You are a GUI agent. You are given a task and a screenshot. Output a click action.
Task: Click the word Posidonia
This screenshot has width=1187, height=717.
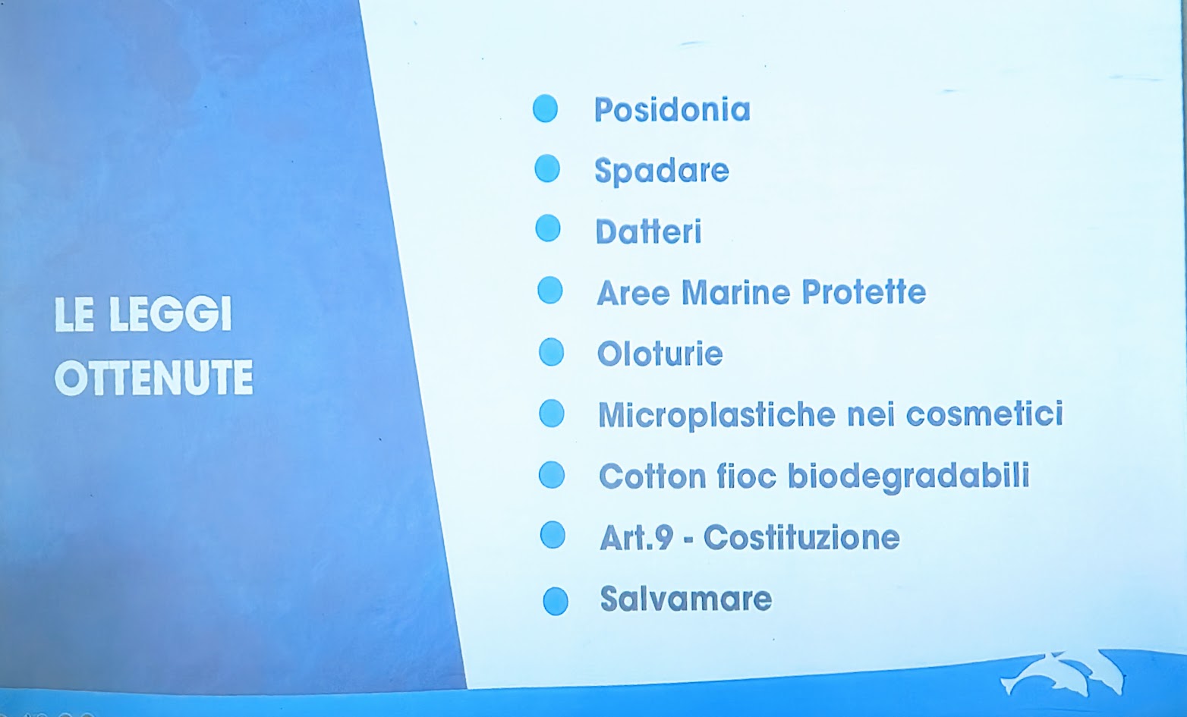[672, 110]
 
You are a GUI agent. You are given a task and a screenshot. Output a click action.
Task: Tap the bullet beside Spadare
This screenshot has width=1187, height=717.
[547, 168]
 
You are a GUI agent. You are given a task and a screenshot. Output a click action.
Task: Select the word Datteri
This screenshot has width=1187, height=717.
[649, 231]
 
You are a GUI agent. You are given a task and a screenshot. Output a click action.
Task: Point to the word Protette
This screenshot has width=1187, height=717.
[864, 291]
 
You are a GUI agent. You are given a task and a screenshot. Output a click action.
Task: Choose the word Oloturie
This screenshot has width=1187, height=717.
[660, 354]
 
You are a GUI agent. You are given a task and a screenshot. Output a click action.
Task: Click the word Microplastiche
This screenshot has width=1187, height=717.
[716, 415]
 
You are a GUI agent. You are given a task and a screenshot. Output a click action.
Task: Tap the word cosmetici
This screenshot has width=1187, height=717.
[984, 413]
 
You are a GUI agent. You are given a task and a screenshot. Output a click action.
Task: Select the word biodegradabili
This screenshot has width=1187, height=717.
[908, 476]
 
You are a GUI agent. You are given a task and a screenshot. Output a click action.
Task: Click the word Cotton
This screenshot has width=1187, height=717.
[653, 476]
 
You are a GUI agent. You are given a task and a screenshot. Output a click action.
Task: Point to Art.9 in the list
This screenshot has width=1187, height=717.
[637, 537]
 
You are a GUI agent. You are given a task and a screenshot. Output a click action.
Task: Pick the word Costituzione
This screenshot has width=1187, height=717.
[801, 537]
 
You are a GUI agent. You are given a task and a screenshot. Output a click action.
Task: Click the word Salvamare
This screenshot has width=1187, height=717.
[685, 599]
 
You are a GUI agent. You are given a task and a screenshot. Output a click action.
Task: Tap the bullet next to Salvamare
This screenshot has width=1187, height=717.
[556, 602]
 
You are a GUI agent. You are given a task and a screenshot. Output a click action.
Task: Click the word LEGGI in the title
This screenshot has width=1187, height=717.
[170, 314]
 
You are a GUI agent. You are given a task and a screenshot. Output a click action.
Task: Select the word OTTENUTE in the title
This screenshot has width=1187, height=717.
[153, 377]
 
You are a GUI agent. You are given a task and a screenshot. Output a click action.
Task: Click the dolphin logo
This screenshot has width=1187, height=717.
[1063, 673]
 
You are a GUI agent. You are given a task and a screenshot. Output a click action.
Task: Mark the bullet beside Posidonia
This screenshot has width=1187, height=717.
[545, 108]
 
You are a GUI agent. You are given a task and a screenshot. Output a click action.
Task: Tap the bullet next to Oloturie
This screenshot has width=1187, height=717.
[551, 352]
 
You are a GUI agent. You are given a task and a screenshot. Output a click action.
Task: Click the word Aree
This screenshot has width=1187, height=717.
[633, 293]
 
